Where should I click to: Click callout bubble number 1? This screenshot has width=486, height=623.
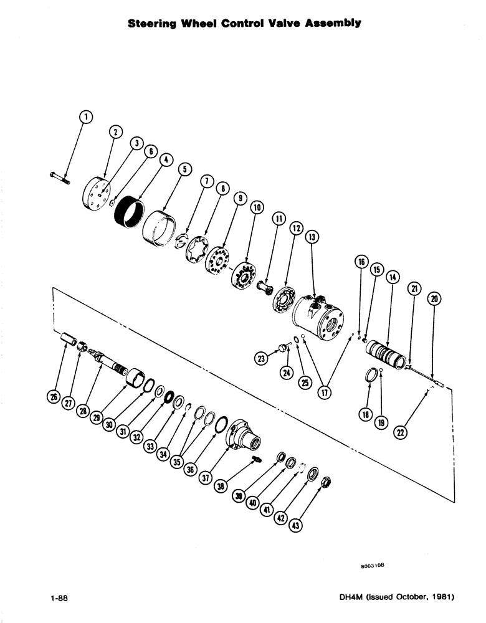[x=86, y=116]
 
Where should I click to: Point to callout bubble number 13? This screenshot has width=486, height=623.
[x=311, y=237]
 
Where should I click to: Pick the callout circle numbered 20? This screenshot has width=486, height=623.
[x=434, y=299]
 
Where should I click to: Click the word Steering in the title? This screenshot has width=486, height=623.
[x=152, y=24]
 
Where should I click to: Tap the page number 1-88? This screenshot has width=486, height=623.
[x=59, y=598]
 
